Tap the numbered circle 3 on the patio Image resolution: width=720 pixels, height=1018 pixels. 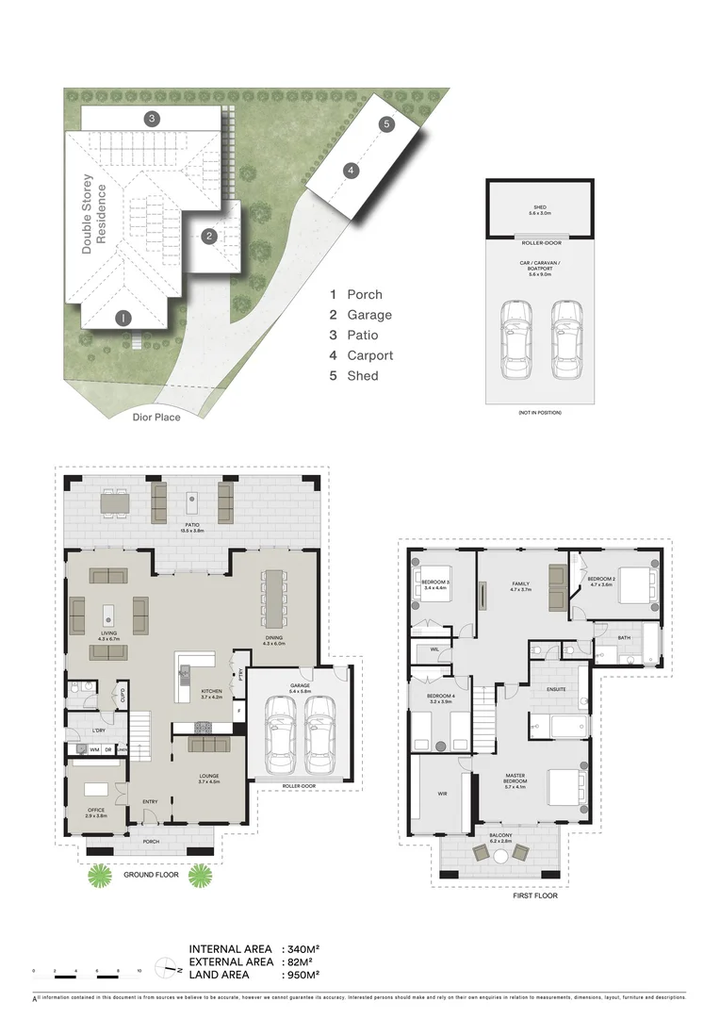(x=151, y=119)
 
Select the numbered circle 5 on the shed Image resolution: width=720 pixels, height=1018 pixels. (x=386, y=124)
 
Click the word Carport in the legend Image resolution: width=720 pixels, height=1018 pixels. (x=369, y=355)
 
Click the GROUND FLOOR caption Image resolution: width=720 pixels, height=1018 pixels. (x=152, y=875)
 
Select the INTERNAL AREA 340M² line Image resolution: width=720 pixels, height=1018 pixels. (x=254, y=949)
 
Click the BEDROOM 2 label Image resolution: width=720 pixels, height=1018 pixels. (x=601, y=581)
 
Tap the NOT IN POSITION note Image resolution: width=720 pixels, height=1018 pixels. (x=540, y=413)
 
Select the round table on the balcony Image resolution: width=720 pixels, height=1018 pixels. (x=500, y=856)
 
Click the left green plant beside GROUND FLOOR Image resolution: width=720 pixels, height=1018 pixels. (x=100, y=877)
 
